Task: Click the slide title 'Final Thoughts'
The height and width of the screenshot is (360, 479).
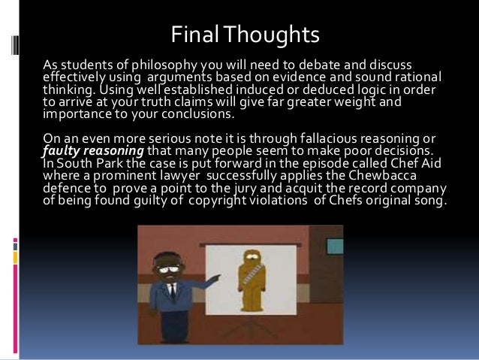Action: click(245, 35)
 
